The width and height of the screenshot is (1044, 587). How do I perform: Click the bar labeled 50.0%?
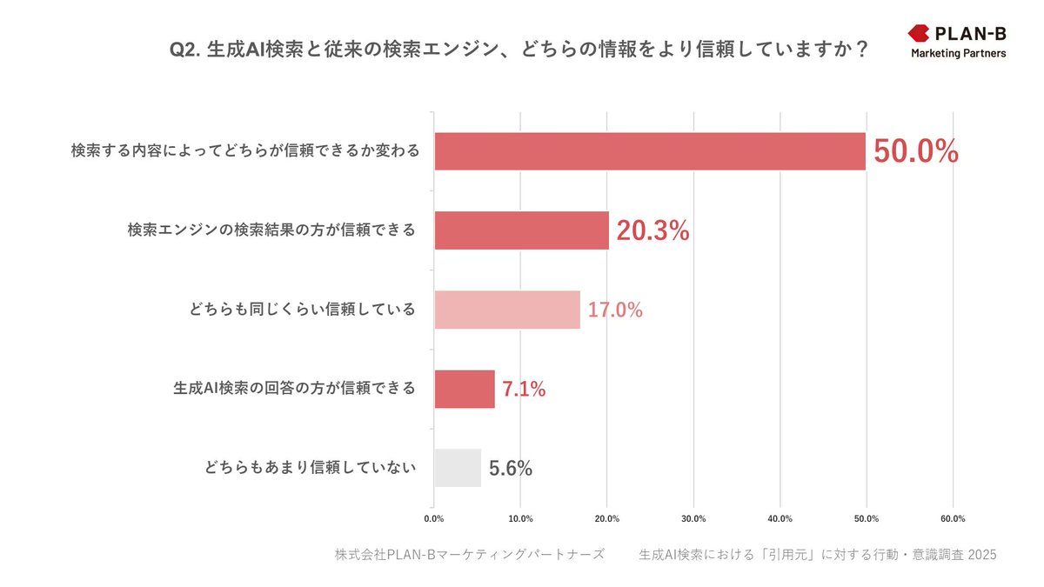pyautogui.click(x=650, y=151)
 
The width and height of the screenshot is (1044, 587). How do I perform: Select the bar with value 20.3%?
pyautogui.click(x=521, y=230)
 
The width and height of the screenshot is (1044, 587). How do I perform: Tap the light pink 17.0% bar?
pyautogui.click(x=507, y=310)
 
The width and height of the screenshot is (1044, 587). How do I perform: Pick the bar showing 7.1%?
pyautogui.click(x=465, y=389)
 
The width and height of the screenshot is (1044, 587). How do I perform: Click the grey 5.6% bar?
pyautogui.click(x=458, y=468)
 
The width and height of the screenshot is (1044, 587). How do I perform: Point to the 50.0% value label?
pyautogui.click(x=915, y=152)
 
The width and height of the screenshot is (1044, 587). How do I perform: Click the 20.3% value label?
pyautogui.click(x=652, y=231)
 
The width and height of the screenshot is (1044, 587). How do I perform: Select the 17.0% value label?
pyautogui.click(x=615, y=310)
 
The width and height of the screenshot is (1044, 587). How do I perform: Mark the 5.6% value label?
pyautogui.click(x=511, y=469)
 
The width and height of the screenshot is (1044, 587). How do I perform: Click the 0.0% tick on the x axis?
pyautogui.click(x=433, y=519)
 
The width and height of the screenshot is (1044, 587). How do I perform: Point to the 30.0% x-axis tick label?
pyautogui.click(x=693, y=519)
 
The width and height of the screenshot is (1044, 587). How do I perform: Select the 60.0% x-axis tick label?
pyautogui.click(x=953, y=519)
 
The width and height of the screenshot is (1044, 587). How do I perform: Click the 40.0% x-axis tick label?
pyautogui.click(x=780, y=519)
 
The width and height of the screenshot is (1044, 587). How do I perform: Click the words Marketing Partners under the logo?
pyautogui.click(x=959, y=54)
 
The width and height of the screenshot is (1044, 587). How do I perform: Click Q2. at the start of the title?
pyautogui.click(x=185, y=50)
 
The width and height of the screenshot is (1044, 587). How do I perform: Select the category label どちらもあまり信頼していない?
pyautogui.click(x=311, y=468)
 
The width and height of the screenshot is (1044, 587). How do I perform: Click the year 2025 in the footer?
pyautogui.click(x=981, y=555)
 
